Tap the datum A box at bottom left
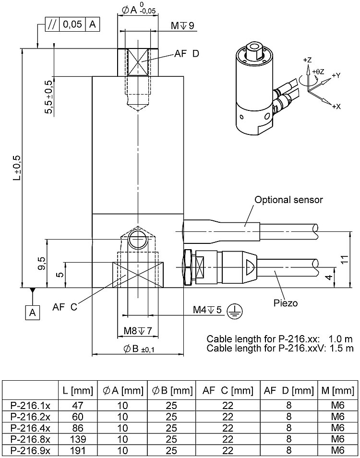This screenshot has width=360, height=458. (32, 313)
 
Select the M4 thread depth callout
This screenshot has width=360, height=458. (208, 310)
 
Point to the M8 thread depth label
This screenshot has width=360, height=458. (137, 331)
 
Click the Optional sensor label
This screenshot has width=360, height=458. (288, 200)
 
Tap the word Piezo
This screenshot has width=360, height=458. (286, 303)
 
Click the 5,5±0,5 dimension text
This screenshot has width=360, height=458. (48, 96)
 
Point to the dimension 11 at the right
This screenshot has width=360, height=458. (344, 259)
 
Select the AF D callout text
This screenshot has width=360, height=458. (188, 54)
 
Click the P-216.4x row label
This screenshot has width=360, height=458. (30, 427)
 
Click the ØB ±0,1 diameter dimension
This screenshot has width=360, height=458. (138, 349)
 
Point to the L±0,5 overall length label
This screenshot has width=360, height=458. (17, 169)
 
